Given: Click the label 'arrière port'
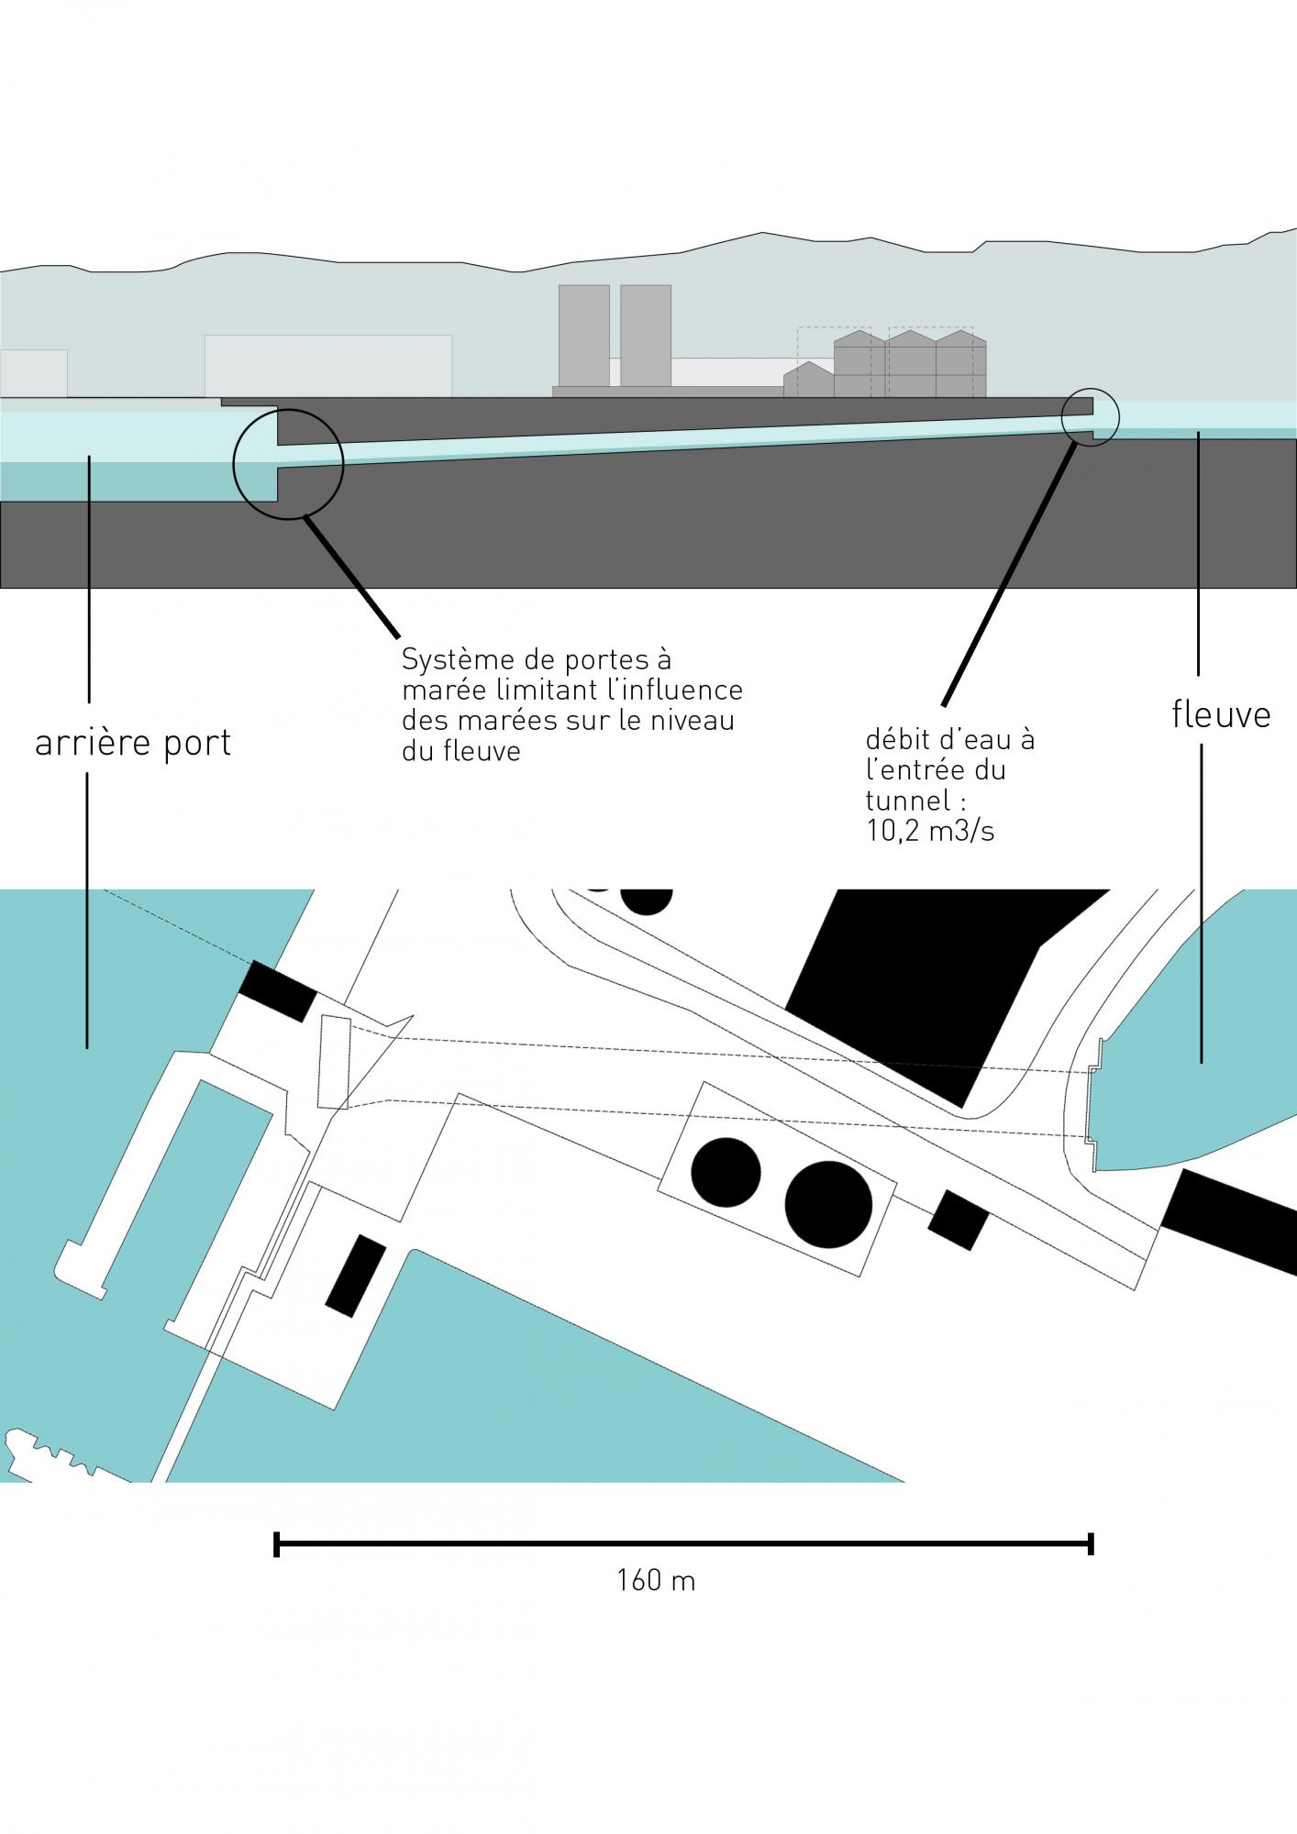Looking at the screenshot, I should coord(133,743).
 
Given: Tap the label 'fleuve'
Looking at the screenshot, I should coord(1221,714).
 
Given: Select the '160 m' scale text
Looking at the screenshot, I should coord(656,1581).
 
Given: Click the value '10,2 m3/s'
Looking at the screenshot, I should coord(930,831).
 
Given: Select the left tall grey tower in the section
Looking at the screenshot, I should coord(583,335).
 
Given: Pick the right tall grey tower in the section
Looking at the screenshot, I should coord(646,335).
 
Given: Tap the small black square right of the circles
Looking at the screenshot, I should coord(958,1220).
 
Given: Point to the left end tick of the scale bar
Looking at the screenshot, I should coord(276,1543).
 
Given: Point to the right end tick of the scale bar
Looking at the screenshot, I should coord(1091,1543).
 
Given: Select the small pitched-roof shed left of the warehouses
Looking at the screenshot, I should coord(808,380).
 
